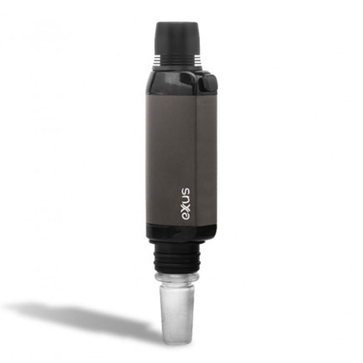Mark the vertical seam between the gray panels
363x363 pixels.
click(196, 159)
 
